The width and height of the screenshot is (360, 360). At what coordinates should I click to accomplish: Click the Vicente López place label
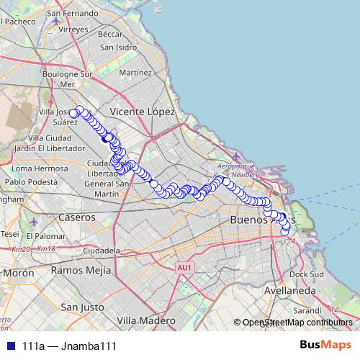click(143, 112)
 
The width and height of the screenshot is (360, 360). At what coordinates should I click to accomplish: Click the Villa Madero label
click(146, 319)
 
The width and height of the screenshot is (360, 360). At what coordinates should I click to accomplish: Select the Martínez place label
click(135, 73)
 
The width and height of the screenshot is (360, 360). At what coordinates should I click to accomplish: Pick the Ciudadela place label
click(102, 250)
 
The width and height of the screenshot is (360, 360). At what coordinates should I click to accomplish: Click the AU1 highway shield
click(185, 268)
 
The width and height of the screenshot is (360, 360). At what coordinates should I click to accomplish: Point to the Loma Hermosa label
click(39, 168)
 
